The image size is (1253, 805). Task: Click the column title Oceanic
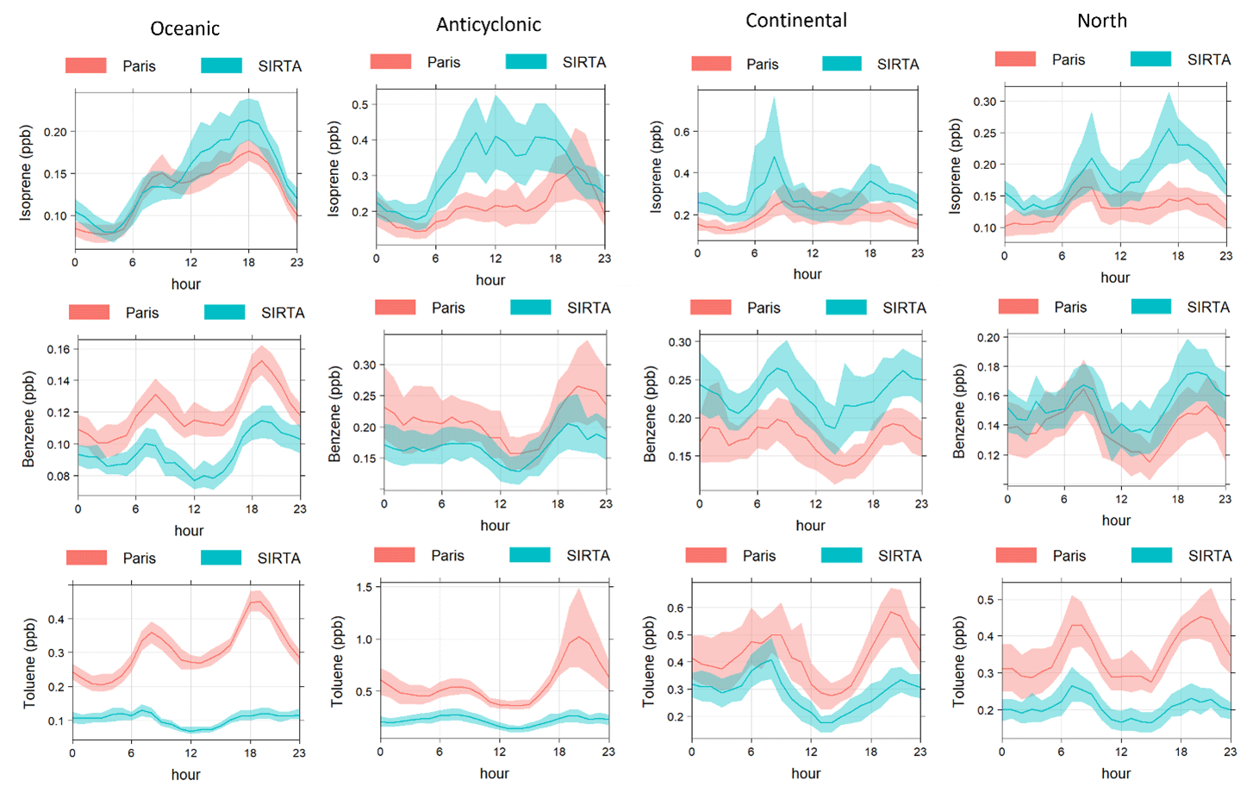point(184,28)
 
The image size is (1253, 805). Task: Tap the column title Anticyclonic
point(489,24)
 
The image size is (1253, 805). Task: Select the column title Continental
point(796,21)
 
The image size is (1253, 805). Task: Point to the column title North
point(1101,21)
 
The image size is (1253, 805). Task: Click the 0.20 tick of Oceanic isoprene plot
point(55,132)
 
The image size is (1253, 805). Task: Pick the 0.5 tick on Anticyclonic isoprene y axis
point(359,105)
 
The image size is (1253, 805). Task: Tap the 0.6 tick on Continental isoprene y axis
point(681,132)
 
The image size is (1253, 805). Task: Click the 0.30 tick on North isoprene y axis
point(984,102)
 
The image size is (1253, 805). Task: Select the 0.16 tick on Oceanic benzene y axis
point(59,349)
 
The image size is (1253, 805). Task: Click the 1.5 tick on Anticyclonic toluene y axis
point(364,588)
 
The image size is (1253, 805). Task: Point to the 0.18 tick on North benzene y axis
point(988,367)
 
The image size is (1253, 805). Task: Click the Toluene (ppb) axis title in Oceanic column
point(30,663)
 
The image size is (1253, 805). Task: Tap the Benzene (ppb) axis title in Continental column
point(651,414)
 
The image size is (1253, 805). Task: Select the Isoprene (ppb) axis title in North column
point(955,166)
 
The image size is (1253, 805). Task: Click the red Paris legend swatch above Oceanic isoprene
point(85,66)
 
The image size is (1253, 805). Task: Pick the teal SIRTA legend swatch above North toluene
point(1151,556)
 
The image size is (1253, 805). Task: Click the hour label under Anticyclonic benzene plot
point(495,526)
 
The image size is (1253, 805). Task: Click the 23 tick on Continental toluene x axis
point(919,752)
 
